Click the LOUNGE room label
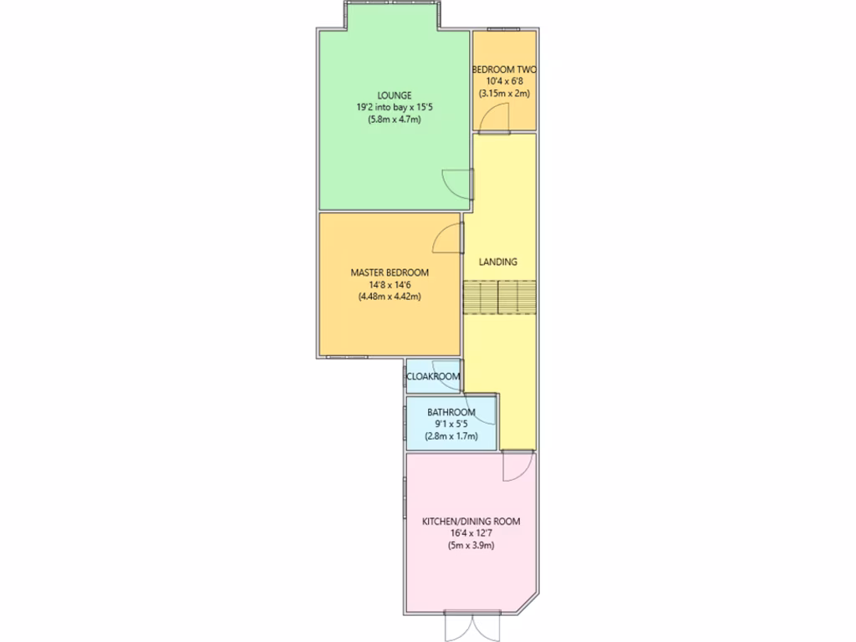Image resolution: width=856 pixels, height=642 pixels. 393,95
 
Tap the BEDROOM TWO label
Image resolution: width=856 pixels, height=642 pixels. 504,69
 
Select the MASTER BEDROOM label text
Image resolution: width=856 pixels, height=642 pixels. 389,273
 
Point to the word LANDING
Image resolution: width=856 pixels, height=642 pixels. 497,262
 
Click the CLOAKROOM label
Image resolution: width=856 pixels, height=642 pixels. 432,377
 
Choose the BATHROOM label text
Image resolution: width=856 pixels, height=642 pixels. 451,412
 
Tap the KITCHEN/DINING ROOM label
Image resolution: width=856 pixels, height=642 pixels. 471,522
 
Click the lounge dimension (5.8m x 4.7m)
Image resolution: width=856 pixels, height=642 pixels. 393,120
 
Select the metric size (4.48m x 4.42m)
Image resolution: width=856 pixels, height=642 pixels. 389,296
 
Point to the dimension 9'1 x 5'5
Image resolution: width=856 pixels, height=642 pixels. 451,424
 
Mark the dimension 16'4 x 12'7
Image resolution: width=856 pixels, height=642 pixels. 471,533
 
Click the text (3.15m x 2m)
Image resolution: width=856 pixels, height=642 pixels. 504,94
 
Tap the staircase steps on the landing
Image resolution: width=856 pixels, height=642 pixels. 499,297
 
